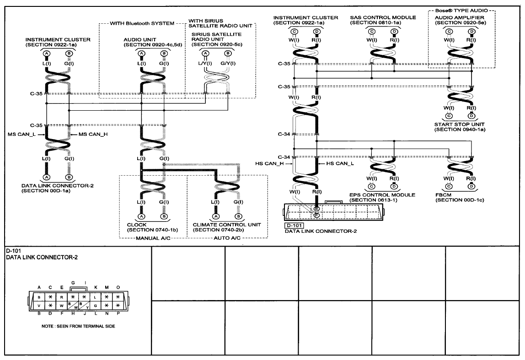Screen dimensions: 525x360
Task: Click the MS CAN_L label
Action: click(22, 134)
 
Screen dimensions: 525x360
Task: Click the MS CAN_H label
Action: click(93, 134)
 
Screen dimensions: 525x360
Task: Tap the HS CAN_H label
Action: click(269, 163)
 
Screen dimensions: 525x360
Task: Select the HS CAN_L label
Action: click(340, 163)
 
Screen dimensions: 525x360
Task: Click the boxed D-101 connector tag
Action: click(294, 226)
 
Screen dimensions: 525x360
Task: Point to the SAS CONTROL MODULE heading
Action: click(383, 17)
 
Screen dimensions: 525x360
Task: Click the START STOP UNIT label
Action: click(459, 124)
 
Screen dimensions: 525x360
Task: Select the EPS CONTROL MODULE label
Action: click(382, 195)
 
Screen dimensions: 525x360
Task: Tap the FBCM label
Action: click(443, 195)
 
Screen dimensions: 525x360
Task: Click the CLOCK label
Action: click(137, 225)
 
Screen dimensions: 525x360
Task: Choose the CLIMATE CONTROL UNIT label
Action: click(227, 225)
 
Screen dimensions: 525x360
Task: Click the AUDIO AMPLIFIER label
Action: click(459, 17)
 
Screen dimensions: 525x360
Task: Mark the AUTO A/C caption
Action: click(227, 238)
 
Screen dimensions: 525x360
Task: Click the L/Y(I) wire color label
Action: click(205, 63)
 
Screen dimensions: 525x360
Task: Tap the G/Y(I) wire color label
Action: click(228, 63)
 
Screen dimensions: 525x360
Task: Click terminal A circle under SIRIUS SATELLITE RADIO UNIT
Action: click(206, 54)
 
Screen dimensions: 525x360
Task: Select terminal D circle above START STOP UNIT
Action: click(472, 116)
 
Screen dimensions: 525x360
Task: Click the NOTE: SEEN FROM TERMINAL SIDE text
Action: click(78, 326)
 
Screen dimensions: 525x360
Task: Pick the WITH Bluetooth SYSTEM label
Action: click(142, 23)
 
